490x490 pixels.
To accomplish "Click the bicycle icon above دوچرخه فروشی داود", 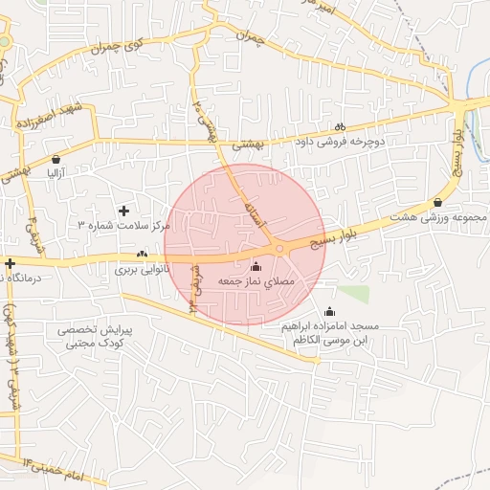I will point(340,126).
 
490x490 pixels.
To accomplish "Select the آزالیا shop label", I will point(56,174).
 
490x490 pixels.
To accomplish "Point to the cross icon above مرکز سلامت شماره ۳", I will point(122,210).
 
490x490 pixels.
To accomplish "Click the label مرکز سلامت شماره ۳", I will point(123,225).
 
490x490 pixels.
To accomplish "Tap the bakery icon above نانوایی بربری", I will point(142,255).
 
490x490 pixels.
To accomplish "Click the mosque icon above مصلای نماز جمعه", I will point(255,266).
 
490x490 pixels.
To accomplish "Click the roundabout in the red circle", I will point(279,249).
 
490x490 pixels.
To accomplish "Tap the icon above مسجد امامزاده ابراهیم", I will point(330,311).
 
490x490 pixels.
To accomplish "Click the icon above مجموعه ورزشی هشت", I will point(437,202).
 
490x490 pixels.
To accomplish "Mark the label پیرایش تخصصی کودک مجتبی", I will point(99,336).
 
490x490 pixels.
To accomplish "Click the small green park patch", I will point(353,294).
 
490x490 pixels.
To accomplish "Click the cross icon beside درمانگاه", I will point(10,263).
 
